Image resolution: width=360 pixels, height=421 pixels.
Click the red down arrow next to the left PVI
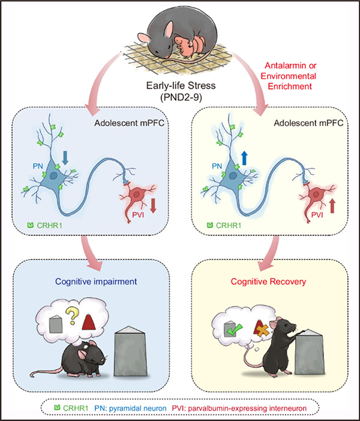point(153,205)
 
